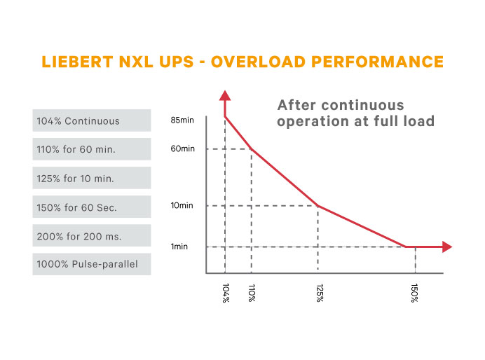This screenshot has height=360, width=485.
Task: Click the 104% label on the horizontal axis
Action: coord(225,293)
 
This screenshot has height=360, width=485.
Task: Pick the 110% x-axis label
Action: coord(251,293)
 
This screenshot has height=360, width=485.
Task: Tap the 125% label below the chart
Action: coord(318,293)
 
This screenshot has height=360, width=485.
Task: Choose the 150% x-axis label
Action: coord(415,293)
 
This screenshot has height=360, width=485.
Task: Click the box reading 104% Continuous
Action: coord(92,120)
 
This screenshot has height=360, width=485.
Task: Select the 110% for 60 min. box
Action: coord(92,149)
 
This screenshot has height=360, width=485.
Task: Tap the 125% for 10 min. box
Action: coord(92,178)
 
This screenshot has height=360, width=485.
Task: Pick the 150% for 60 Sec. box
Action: coord(92,207)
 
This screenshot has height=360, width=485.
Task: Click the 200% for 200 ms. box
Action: coord(92,236)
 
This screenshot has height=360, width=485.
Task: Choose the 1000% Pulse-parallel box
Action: coord(92,265)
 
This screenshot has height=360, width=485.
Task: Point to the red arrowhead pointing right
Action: coord(446,247)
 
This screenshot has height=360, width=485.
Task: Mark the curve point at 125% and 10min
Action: coord(318,206)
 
